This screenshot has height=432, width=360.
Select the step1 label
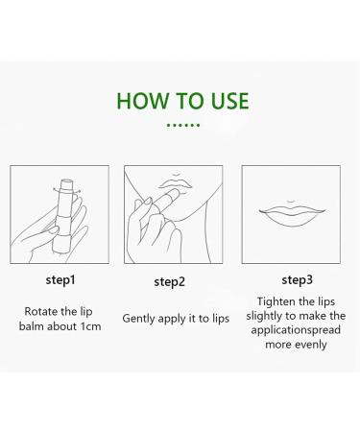pyautogui.click(x=60, y=280)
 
